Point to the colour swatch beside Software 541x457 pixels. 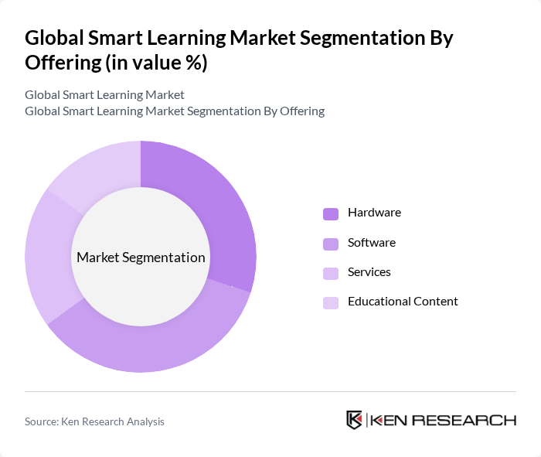pyautogui.click(x=331, y=244)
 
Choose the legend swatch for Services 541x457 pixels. pyautogui.click(x=331, y=273)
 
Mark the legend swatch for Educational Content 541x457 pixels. pyautogui.click(x=331, y=302)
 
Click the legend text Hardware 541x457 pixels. pyautogui.click(x=374, y=213)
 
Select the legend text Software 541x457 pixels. pyautogui.click(x=371, y=242)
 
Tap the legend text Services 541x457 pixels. pyautogui.click(x=369, y=272)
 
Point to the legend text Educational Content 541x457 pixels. pyautogui.click(x=403, y=302)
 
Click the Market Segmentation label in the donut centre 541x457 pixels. pyautogui.click(x=141, y=257)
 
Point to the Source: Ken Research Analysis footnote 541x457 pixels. pyautogui.click(x=94, y=421)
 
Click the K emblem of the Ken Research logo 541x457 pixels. pyautogui.click(x=354, y=420)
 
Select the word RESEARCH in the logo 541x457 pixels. pyautogui.click(x=469, y=421)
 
